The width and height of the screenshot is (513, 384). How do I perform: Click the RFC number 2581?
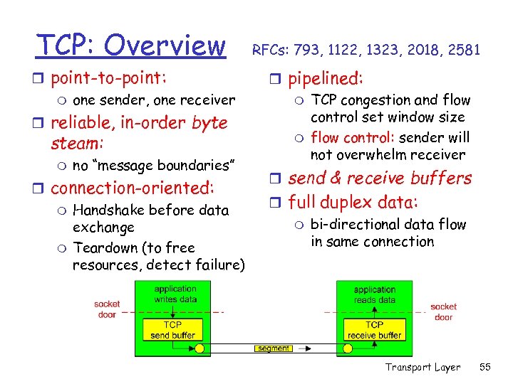[x=465, y=50]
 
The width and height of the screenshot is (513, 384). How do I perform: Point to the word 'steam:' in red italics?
[x=78, y=143]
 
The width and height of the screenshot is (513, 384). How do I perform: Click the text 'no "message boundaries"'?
[x=154, y=166]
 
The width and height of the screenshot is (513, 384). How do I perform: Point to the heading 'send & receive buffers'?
[x=380, y=178]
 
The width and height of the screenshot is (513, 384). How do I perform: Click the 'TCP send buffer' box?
[x=173, y=330]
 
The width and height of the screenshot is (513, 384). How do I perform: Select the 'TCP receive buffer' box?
[x=375, y=330]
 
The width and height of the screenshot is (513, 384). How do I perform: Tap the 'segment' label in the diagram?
[x=274, y=348]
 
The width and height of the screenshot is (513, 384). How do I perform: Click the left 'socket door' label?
[x=107, y=310]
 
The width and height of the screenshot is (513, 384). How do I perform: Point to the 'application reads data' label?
[x=375, y=295]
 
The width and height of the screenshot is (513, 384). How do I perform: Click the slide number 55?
[x=485, y=367]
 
